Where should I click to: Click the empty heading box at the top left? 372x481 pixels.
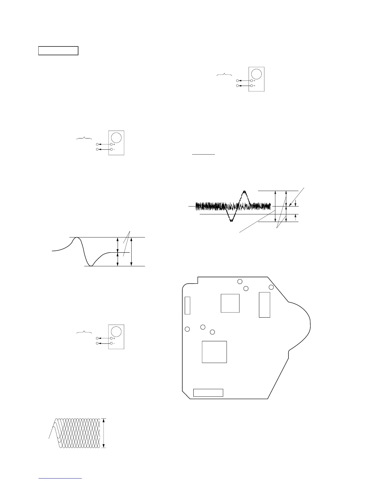[x=58, y=51]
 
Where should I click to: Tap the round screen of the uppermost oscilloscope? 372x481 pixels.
[x=257, y=74]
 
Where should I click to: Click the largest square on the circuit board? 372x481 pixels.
[x=214, y=352]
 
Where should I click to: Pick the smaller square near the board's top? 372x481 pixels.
[x=230, y=303]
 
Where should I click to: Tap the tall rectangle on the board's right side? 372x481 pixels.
[x=264, y=305]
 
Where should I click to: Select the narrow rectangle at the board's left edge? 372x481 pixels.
[x=187, y=305]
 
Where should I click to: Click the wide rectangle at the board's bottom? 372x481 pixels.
[x=208, y=393]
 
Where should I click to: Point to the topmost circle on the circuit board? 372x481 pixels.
[x=240, y=281]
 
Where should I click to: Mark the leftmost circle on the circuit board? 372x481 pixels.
[x=188, y=329]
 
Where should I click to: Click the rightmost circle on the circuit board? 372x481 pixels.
[x=271, y=287]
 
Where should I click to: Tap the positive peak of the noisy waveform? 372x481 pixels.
[x=244, y=191]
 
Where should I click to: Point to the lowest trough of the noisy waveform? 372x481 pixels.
[x=232, y=221]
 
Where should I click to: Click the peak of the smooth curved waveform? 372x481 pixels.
[x=77, y=237]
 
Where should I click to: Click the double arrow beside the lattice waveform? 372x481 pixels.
[x=104, y=433]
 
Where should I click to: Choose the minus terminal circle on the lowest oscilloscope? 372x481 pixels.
[x=112, y=343]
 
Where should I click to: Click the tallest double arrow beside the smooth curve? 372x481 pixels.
[x=131, y=252]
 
